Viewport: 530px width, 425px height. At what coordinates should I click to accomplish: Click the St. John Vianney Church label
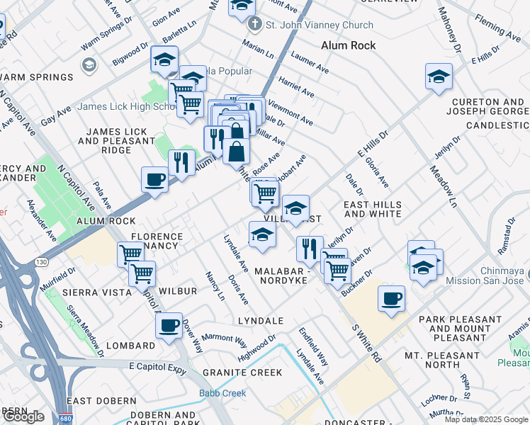[x=319, y=25]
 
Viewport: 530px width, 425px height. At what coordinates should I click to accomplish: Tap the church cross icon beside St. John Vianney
[x=255, y=25]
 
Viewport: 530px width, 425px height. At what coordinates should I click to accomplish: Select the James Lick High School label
[x=125, y=107]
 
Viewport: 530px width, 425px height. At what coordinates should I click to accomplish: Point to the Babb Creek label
[x=222, y=393]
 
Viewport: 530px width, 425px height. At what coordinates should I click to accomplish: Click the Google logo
[x=23, y=416]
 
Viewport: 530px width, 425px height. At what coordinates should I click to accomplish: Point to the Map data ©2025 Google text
[x=485, y=419]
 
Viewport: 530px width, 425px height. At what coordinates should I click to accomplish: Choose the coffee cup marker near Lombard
[x=169, y=326]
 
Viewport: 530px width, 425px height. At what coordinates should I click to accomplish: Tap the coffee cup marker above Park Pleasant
[x=390, y=298]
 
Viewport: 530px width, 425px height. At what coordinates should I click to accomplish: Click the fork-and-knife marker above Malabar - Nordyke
[x=309, y=249]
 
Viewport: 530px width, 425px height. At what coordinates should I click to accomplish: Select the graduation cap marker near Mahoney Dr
[x=439, y=76]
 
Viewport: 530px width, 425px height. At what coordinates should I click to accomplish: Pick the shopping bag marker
[x=236, y=150]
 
